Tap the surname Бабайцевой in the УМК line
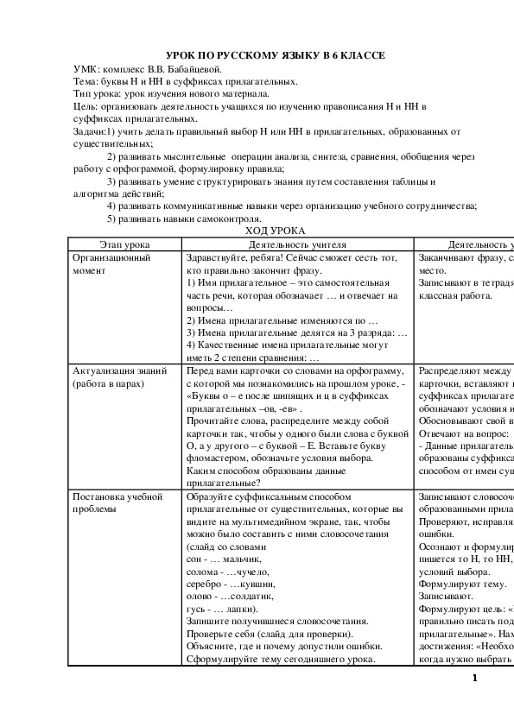tap(197, 69)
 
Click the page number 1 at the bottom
tap(475, 678)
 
